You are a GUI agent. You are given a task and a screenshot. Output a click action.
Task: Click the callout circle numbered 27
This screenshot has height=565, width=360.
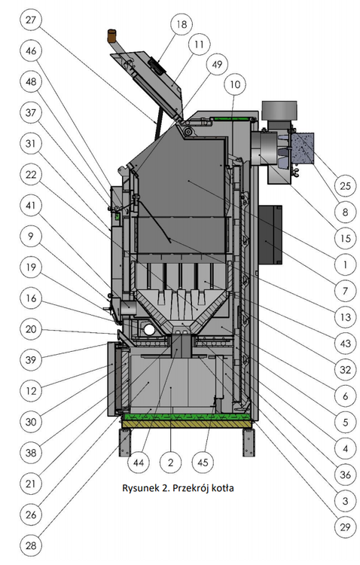tap(31, 19)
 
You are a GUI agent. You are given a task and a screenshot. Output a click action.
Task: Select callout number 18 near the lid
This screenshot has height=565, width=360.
tap(182, 24)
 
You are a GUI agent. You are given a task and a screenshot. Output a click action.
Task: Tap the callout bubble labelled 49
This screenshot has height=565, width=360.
tap(217, 64)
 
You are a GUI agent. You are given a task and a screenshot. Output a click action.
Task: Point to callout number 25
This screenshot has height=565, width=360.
tap(345, 185)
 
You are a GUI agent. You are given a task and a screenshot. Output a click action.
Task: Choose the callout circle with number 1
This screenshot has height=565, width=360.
tap(345, 265)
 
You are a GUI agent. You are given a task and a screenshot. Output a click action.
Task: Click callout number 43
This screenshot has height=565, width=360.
tap(345, 343)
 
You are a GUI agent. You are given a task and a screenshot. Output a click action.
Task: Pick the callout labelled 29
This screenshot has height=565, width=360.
tap(345, 527)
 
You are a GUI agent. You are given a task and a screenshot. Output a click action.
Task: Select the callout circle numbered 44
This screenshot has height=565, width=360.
tap(139, 463)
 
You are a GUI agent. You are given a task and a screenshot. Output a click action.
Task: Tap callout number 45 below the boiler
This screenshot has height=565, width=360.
tap(203, 463)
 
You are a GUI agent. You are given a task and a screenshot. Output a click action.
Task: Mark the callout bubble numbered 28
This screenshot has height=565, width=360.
tap(31, 545)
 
